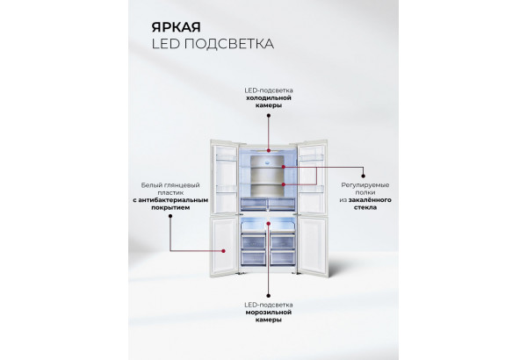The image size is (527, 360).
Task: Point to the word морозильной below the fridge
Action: pyautogui.click(x=263, y=312)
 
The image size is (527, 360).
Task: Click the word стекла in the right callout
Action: pyautogui.click(x=365, y=209)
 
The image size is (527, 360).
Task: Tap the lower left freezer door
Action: pyautogui.click(x=223, y=245)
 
